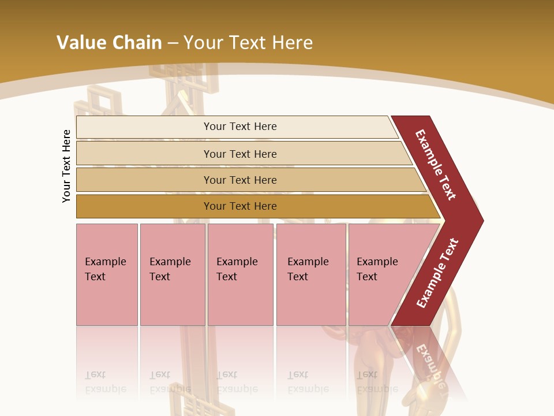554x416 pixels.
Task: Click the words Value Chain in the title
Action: tap(109, 43)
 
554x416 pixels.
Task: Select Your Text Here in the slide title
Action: tap(248, 43)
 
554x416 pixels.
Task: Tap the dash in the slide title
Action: tap(173, 43)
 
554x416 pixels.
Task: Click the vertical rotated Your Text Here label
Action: tap(66, 166)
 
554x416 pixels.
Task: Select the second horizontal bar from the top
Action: tap(239, 154)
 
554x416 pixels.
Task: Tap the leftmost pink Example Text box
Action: tap(107, 274)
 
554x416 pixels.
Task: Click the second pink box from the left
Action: tap(173, 274)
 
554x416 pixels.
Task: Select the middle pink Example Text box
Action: tap(240, 274)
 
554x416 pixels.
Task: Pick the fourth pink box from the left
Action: tap(311, 274)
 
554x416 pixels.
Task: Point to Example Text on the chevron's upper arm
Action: tap(436, 165)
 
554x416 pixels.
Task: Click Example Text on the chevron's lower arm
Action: tap(437, 273)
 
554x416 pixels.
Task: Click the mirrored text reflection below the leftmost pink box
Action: tap(105, 382)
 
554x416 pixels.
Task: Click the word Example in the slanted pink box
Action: tap(377, 262)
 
